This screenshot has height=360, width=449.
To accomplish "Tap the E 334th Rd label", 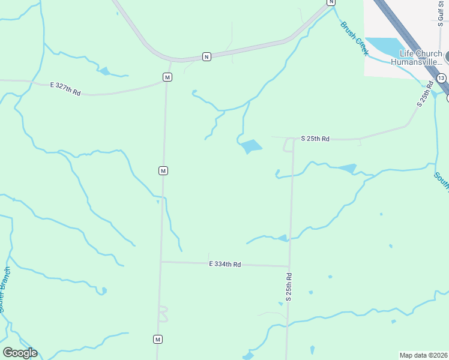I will point(225,264).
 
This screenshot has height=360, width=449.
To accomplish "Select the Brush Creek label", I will point(354,38).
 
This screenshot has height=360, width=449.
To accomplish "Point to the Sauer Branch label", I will point(4,290).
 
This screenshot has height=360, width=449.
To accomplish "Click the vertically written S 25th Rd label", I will point(289,287).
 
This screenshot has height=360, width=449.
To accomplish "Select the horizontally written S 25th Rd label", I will point(315,139).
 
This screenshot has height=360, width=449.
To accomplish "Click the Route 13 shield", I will point(441,79).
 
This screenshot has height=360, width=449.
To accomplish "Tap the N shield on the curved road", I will point(206,56).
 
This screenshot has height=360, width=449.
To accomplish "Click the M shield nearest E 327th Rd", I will point(167,77).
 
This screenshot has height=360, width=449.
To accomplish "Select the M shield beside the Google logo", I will point(158,339).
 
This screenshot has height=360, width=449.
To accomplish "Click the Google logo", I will point(20,353).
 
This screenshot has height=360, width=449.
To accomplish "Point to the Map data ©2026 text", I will point(423,355).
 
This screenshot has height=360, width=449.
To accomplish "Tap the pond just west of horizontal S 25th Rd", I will point(251,146).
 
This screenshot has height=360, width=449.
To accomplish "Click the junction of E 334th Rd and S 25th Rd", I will point(289,266).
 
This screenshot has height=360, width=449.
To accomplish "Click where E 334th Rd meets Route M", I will point(161,262).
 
